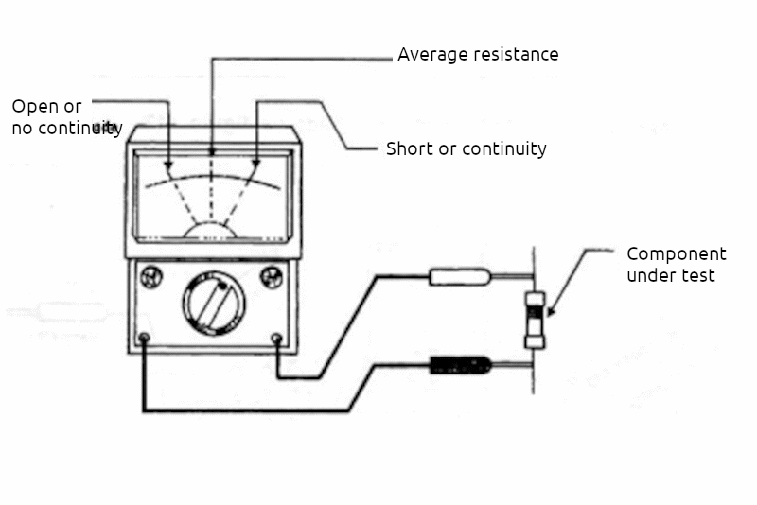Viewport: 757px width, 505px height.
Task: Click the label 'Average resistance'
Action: [x=478, y=54]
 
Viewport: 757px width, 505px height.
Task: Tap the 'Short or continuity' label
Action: [x=466, y=148]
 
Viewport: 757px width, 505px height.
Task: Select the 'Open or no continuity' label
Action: [x=66, y=117]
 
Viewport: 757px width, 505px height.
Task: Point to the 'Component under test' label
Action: [x=676, y=265]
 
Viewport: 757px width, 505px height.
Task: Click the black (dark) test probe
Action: [x=460, y=364]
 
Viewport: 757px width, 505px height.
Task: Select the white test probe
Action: [x=460, y=277]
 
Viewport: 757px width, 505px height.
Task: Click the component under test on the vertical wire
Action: [x=536, y=320]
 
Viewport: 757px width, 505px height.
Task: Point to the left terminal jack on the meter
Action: [x=144, y=338]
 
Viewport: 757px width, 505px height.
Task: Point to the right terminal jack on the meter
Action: [x=276, y=338]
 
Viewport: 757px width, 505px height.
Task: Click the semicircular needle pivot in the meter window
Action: [x=209, y=230]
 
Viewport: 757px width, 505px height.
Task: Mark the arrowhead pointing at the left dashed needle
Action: [x=168, y=167]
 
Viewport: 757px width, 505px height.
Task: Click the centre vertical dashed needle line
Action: [x=211, y=194]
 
